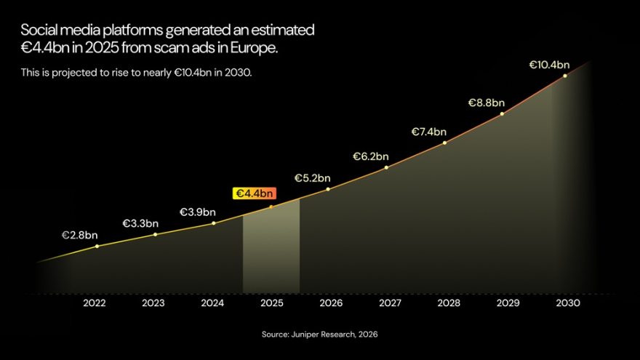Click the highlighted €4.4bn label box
click(254, 193)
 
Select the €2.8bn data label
click(79, 236)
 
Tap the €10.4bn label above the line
click(548, 65)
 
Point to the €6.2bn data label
click(371, 156)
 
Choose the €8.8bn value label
click(486, 103)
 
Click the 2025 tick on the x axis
click(271, 303)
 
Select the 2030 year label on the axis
click(567, 303)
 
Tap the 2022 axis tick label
click(95, 303)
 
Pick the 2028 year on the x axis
click(449, 303)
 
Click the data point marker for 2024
click(213, 223)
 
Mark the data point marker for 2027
click(386, 167)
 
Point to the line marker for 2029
click(502, 113)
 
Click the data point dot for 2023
click(155, 234)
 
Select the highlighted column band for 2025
click(271, 255)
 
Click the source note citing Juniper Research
click(319, 335)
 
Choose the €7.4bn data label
click(429, 132)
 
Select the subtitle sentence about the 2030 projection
click(136, 73)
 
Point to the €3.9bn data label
click(198, 212)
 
